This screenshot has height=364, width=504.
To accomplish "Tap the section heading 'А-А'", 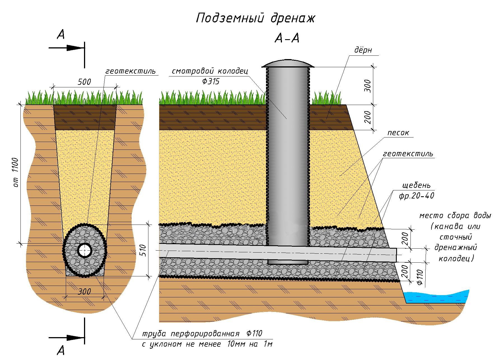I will [x=287, y=38].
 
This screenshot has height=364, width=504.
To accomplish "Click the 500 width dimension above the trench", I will [x=84, y=82].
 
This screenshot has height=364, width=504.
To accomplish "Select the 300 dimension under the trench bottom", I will [x=84, y=291].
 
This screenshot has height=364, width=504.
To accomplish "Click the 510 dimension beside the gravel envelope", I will [x=143, y=250].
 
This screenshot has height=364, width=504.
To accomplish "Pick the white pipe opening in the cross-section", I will [x=85, y=250].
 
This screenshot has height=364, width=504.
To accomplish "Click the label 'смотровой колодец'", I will [x=210, y=71].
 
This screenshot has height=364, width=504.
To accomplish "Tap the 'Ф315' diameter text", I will [x=210, y=81].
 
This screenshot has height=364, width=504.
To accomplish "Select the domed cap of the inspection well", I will [x=288, y=64].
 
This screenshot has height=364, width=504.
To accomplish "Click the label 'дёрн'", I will [x=363, y=50].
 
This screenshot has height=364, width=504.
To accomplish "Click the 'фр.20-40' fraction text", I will [x=416, y=196].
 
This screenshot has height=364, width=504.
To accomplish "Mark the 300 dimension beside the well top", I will [x=368, y=86].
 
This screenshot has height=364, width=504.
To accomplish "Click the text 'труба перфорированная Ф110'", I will [x=202, y=334].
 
